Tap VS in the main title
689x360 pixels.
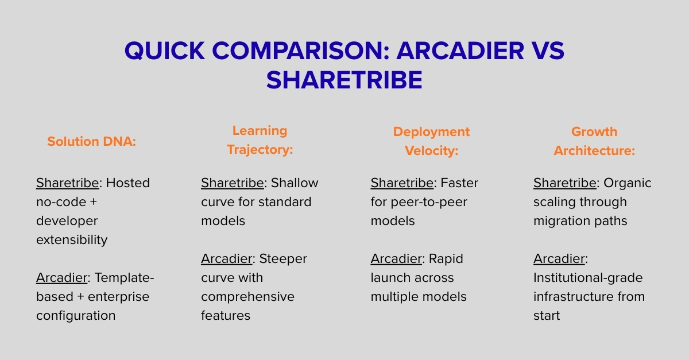pyautogui.click(x=545, y=52)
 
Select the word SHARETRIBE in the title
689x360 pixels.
pyautogui.click(x=344, y=80)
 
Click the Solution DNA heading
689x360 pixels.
pyautogui.click(x=91, y=141)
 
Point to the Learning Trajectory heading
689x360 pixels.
pyautogui.click(x=260, y=140)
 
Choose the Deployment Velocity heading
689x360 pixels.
pyautogui.click(x=431, y=141)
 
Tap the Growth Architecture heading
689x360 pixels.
pyautogui.click(x=594, y=141)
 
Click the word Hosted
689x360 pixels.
pyautogui.click(x=127, y=183)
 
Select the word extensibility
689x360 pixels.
pyautogui.click(x=72, y=240)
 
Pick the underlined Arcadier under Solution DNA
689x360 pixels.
pyautogui.click(x=62, y=278)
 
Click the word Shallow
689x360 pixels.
pyautogui.click(x=295, y=183)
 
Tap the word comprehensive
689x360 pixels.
pyautogui.click(x=247, y=297)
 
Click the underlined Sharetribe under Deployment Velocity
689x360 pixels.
pyautogui.click(x=401, y=183)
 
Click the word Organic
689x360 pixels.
pyautogui.click(x=627, y=183)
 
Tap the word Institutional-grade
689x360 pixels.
pyautogui.click(x=588, y=278)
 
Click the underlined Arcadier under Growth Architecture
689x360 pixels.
pyautogui.click(x=559, y=259)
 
